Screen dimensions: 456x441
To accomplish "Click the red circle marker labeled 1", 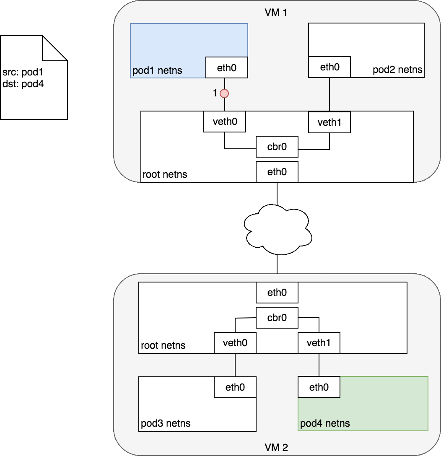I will (225, 93).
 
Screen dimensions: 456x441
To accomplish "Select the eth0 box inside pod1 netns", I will (227, 67).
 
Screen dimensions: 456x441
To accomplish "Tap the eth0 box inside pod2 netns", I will (329, 67).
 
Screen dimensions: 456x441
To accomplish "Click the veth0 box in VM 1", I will (225, 122).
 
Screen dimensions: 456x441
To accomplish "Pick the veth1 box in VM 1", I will (329, 122).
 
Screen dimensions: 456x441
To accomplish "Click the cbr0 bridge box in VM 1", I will (277, 147).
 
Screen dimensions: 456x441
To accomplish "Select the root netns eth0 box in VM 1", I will (277, 171).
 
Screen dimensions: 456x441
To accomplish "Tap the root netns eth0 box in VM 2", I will (277, 293).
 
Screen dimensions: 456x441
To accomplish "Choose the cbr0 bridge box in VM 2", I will (277, 318).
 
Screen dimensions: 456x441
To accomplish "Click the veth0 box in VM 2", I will (235, 343).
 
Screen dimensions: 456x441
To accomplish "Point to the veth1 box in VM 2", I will (319, 343).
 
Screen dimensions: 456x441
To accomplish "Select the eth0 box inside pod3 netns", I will (235, 387).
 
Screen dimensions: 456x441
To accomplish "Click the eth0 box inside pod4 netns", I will (319, 387).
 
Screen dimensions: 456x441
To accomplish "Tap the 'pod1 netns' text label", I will (158, 70).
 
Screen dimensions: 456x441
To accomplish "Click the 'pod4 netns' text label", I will (325, 423).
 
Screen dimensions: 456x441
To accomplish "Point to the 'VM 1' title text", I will (276, 12).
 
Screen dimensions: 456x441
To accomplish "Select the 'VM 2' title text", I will (276, 447).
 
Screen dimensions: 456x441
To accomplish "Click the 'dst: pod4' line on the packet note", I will (23, 84).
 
